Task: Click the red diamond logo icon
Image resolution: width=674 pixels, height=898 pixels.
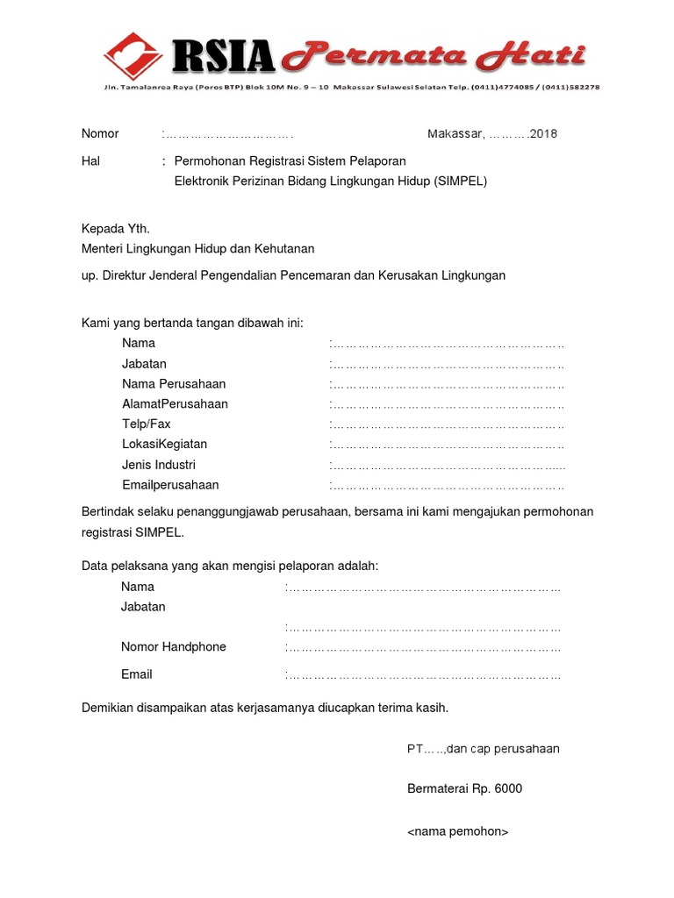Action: coord(133,55)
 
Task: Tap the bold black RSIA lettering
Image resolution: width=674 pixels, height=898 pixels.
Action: coord(224,57)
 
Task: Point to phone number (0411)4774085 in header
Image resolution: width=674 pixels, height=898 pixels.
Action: coord(503,88)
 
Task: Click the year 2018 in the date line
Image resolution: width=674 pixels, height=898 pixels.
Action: coord(544,134)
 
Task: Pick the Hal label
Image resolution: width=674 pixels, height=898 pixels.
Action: coord(90,161)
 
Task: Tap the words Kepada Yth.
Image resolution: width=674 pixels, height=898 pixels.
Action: coord(110,229)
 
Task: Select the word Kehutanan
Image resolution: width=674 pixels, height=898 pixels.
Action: coord(278,249)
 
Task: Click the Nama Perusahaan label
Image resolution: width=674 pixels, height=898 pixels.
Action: coord(174,384)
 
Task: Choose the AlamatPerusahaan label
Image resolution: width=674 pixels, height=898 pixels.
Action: coord(175,404)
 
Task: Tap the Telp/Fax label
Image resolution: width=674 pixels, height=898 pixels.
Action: coord(147,424)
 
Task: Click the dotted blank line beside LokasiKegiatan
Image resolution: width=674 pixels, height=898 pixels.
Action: coord(448,445)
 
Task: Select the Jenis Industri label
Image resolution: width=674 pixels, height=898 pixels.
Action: coord(159,465)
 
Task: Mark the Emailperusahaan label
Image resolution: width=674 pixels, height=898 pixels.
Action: coord(170,485)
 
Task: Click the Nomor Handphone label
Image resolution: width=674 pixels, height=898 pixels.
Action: coord(174,647)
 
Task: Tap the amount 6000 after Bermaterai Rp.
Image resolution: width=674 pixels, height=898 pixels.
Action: coord(508,788)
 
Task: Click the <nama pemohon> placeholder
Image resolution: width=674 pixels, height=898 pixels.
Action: coord(457,831)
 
